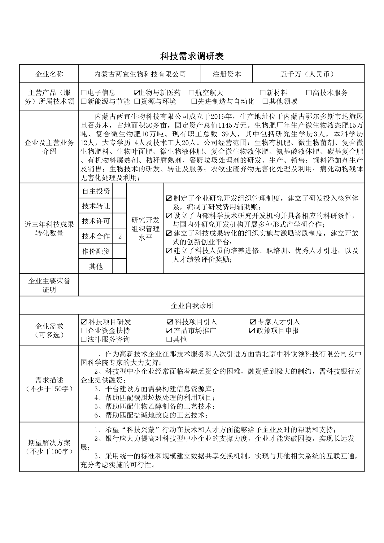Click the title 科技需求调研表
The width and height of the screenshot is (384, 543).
[x=192, y=56]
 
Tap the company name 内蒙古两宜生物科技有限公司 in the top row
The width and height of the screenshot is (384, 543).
[x=140, y=74]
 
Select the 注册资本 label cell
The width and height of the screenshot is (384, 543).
[x=227, y=74]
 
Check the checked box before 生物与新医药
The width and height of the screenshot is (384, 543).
[x=137, y=93]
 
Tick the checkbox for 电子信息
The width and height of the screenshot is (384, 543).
[x=84, y=93]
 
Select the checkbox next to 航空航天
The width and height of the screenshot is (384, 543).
[x=191, y=93]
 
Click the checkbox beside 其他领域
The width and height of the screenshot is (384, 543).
[x=265, y=101]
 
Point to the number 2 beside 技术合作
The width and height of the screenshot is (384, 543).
[x=120, y=236]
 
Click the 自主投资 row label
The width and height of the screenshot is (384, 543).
[x=96, y=191]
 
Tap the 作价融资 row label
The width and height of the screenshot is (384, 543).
[x=96, y=252]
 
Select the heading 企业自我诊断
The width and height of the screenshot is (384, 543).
[x=192, y=306]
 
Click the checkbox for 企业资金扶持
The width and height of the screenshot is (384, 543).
[x=84, y=331]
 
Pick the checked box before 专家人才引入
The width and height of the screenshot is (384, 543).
[x=253, y=322]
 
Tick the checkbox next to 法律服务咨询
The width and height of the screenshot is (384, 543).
[x=84, y=339]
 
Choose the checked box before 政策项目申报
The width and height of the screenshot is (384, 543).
[x=252, y=331]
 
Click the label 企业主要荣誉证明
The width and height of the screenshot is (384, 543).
[x=49, y=285]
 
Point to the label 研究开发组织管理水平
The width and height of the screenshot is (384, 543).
[x=145, y=229]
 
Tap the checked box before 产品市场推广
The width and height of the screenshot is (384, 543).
[x=169, y=331]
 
